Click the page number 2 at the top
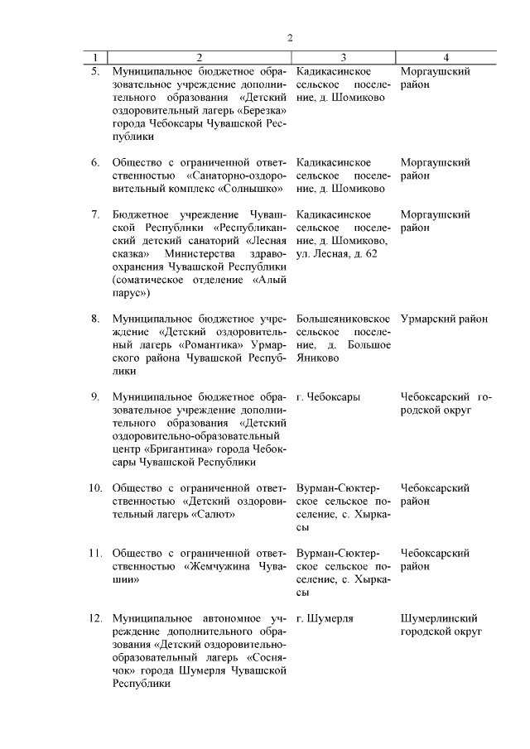click(290, 37)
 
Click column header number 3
click(343, 57)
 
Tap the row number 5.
click(95, 71)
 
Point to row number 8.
click(95, 319)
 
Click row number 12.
click(94, 618)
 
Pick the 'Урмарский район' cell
click(444, 319)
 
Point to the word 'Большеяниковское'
click(343, 319)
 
